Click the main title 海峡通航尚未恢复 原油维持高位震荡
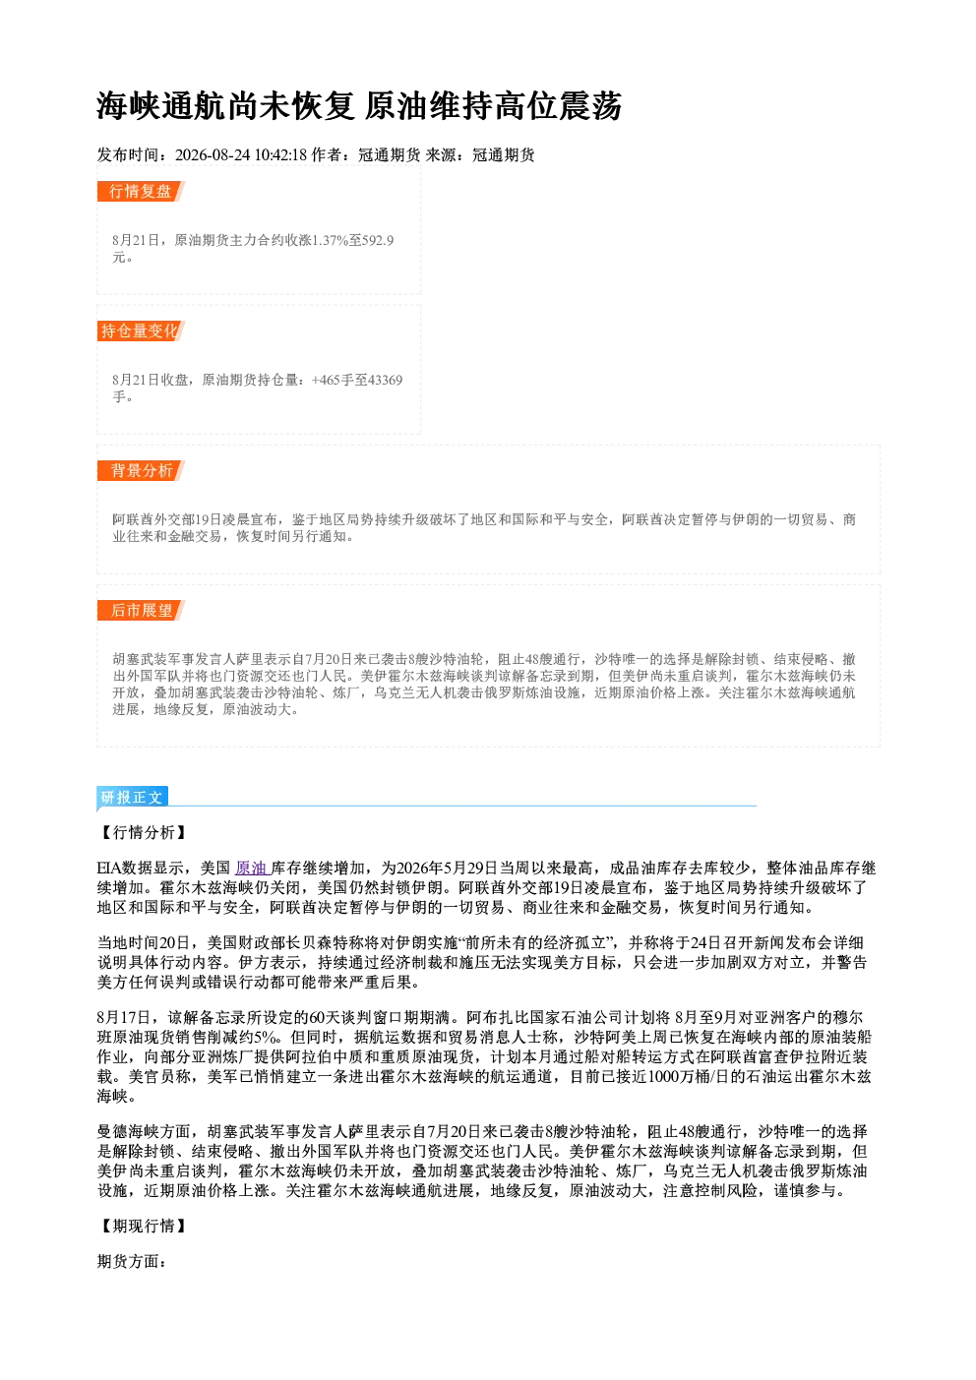358,106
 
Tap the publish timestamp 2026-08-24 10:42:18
241,154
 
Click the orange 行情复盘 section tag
141,191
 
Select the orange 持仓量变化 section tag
141,330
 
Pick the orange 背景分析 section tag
141,471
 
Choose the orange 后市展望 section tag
141,611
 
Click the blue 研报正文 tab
132,798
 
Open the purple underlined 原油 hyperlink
252,869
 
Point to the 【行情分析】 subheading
143,833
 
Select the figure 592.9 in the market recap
379,240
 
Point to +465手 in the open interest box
333,380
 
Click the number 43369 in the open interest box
385,380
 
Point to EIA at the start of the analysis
109,869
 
